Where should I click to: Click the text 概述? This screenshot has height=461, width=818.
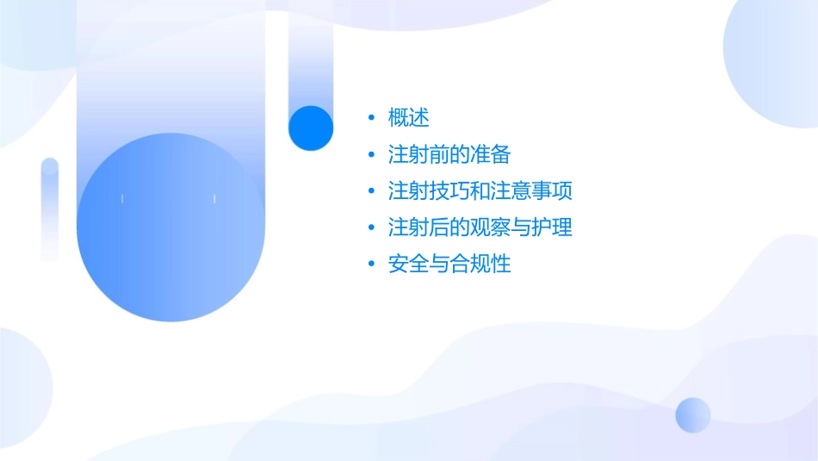point(408,117)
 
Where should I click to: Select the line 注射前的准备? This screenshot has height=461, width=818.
point(449,154)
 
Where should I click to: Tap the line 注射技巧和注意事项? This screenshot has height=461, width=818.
point(480,190)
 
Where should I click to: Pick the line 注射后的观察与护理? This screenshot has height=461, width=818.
point(480,227)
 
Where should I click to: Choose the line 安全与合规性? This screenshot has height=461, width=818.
point(449,264)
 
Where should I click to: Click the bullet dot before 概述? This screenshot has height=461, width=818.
point(371,117)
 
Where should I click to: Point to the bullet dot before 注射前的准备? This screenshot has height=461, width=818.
point(371,154)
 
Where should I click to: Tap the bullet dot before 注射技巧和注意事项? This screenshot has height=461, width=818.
point(371,190)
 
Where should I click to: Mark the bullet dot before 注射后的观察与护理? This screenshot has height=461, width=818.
point(371,227)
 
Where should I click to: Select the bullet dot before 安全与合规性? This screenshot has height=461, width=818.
point(371,264)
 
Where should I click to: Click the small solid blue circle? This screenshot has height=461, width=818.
point(311,128)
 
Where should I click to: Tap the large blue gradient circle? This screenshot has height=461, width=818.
point(170,227)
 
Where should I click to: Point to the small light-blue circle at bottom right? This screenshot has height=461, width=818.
point(693,414)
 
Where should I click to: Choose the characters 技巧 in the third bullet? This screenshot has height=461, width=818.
point(439,190)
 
